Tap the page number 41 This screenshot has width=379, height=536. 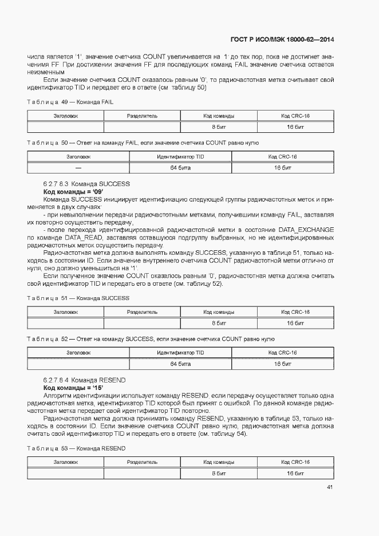pyautogui.click(x=330, y=487)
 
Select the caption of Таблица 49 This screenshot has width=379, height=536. pyautogui.click(x=70, y=101)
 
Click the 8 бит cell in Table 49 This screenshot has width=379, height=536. pyautogui.click(x=218, y=127)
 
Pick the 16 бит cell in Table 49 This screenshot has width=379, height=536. pyautogui.click(x=295, y=127)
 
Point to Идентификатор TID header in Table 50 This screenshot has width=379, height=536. pyautogui.click(x=180, y=156)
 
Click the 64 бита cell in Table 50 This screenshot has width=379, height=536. pyautogui.click(x=180, y=168)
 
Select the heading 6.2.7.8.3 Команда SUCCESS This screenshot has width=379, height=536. pyautogui.click(x=86, y=184)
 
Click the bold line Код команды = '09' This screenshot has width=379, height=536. pyautogui.click(x=70, y=191)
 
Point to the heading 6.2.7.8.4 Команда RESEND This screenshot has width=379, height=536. pyautogui.click(x=85, y=380)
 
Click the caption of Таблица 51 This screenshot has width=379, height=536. pyautogui.click(x=78, y=298)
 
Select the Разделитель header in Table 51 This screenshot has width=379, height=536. pyautogui.click(x=142, y=312)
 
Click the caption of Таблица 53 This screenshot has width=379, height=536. pyautogui.click(x=76, y=448)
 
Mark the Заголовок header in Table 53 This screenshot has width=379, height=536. pyautogui.click(x=66, y=462)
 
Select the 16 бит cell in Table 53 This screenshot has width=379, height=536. pyautogui.click(x=295, y=474)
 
